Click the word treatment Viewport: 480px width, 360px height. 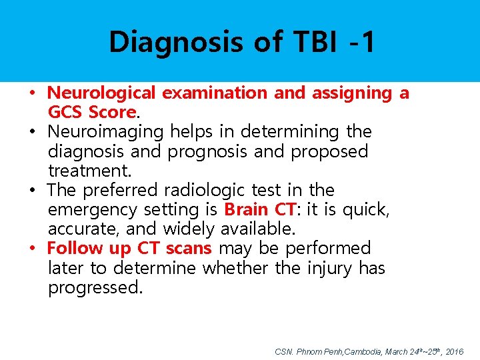[89, 171]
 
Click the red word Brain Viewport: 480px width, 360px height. [247, 209]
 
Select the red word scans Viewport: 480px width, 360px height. [187, 248]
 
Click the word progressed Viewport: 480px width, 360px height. [95, 287]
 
